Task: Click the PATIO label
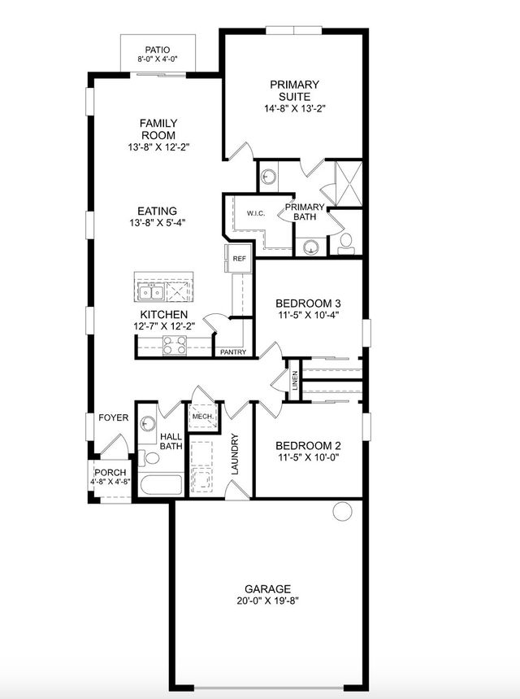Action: [157, 50]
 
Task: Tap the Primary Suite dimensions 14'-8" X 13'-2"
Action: [295, 108]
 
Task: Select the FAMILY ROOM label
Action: [158, 129]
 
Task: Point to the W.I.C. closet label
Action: [256, 213]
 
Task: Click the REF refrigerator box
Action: [239, 259]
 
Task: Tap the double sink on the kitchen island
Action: [151, 292]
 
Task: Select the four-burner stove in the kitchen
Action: [175, 345]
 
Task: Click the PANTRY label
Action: [233, 352]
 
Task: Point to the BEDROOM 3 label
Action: [308, 304]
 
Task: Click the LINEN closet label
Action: [295, 380]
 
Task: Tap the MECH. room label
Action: [202, 417]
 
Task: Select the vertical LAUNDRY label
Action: [235, 454]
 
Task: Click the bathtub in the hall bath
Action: [161, 485]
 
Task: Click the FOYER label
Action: [113, 417]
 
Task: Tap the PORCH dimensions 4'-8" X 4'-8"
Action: [110, 482]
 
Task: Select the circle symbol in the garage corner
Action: [342, 511]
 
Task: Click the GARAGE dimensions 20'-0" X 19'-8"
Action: [267, 601]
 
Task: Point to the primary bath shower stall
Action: [349, 184]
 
